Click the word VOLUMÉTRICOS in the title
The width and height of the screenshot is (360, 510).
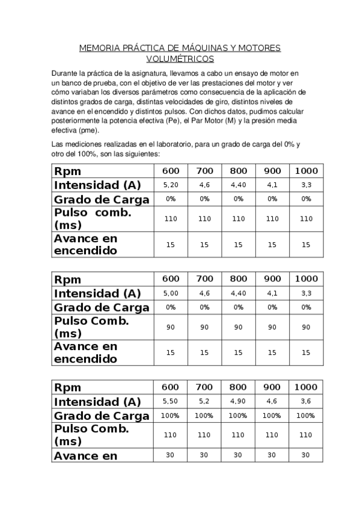tap(180, 59)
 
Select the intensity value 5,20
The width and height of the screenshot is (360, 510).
tap(171, 185)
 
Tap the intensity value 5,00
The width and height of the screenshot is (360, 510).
tap(171, 293)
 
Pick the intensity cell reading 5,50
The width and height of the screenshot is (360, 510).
tap(171, 401)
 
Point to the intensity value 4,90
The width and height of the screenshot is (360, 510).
tap(239, 401)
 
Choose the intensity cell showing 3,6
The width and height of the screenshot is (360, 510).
tap(306, 401)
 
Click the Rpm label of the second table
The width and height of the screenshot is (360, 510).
tap(68, 279)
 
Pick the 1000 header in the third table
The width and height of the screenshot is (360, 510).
tap(306, 387)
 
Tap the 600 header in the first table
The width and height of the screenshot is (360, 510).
tap(171, 171)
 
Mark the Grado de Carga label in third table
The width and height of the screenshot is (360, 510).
tap(102, 416)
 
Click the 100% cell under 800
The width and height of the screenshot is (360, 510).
tap(239, 416)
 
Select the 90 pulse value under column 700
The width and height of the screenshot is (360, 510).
tap(204, 327)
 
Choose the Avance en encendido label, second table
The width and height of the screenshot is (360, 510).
tap(85, 353)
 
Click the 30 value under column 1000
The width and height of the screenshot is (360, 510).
tap(306, 455)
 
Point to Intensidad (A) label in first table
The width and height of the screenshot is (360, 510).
tap(97, 185)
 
